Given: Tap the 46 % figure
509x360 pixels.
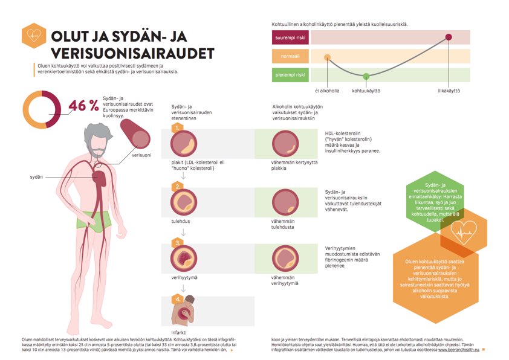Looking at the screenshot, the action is point(83,106).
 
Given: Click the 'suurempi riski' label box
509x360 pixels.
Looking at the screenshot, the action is point(291,37).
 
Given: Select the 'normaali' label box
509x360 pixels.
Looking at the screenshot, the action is point(291,57).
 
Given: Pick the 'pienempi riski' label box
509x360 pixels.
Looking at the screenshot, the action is point(291,76).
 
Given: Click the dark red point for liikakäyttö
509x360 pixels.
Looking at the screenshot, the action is point(449,37).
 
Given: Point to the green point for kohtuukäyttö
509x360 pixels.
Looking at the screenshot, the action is point(366,76).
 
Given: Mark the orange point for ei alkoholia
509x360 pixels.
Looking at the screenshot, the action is point(327,58).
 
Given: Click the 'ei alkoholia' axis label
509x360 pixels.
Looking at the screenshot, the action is point(327,91).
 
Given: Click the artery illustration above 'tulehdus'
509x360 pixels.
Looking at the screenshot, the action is point(183,202).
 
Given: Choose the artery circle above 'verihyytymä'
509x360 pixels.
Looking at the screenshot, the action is point(183,259).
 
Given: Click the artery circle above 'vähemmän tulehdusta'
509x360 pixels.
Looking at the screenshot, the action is point(285,202).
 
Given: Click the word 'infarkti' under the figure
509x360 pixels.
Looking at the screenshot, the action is point(180,333).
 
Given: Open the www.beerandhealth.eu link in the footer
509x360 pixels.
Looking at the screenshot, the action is point(459,350).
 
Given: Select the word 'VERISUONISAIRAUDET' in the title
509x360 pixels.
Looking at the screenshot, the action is point(132,53).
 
